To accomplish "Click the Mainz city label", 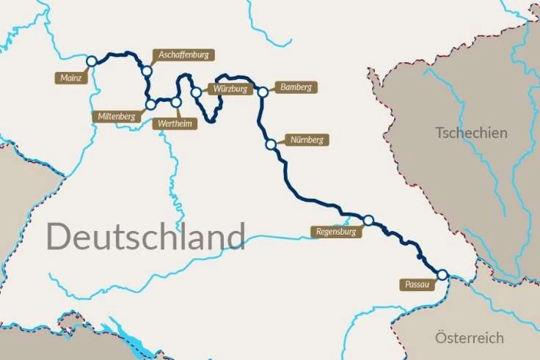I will coord(71,76).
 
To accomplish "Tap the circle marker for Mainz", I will coord(92,62).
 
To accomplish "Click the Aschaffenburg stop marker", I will coord(147,71).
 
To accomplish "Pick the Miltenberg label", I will coord(115,116).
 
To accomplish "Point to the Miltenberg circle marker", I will coord(150,105).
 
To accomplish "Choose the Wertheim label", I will coord(175,123).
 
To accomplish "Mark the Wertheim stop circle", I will coord(175,102).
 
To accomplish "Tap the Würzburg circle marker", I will coord(197,92).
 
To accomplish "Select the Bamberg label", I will coord(296,87).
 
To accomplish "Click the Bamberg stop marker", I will coord(262,92).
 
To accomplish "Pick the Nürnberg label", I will coord(306,139).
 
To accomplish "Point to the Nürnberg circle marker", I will coord(271,144).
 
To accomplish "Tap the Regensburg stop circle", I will coord(368,220).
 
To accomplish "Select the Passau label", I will coord(416,284).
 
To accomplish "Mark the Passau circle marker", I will coord(442,274).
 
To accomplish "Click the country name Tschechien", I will coord(471,133).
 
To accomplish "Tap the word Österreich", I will coord(470,338).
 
